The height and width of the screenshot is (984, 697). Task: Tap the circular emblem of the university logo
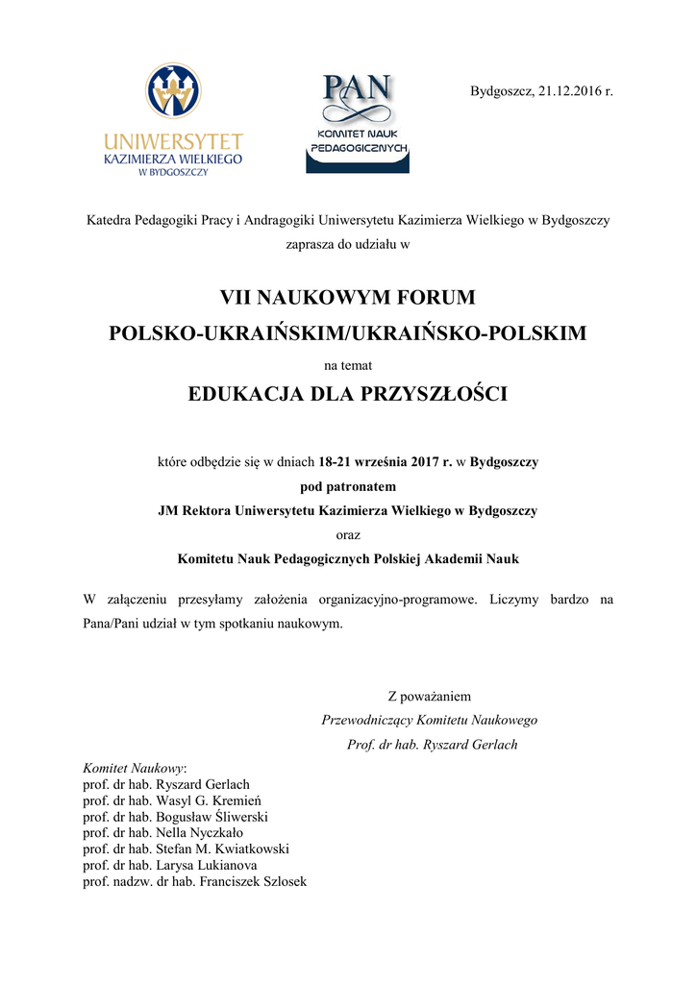click(173, 91)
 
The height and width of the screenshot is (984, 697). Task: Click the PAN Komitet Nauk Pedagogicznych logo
click(358, 122)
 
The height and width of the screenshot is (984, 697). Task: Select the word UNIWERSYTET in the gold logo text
click(173, 141)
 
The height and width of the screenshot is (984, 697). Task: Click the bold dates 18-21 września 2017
click(384, 462)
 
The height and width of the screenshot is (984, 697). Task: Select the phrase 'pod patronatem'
click(348, 486)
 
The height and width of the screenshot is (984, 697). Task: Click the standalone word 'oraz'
click(348, 534)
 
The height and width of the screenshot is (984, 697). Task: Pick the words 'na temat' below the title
click(348, 365)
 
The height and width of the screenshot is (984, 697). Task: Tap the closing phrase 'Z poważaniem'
click(429, 696)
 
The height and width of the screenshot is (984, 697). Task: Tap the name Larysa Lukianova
click(207, 866)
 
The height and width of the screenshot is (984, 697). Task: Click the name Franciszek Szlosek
click(253, 882)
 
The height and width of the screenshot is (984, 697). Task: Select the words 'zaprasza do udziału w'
click(348, 244)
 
